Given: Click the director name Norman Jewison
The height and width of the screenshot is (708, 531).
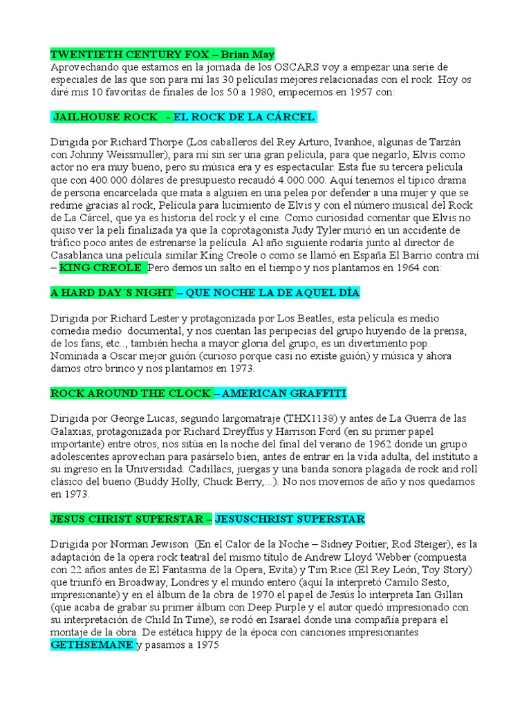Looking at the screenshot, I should (156, 544).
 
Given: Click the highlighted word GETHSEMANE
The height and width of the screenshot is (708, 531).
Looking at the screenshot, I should (92, 645).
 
